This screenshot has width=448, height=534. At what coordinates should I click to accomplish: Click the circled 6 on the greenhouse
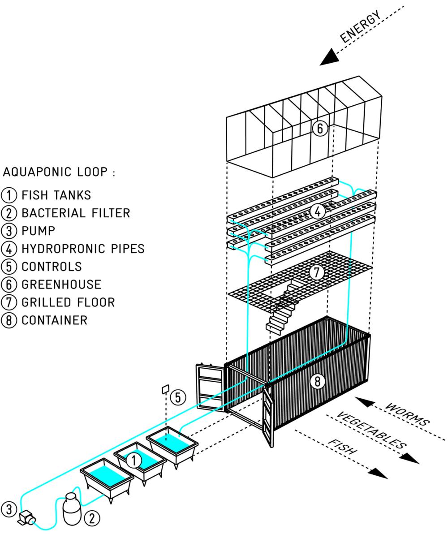[x=320, y=129]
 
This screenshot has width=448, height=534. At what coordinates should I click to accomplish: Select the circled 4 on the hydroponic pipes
[x=318, y=211]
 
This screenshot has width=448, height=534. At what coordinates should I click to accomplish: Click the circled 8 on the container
[x=318, y=382]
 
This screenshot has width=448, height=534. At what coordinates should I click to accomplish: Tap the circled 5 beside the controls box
[x=178, y=397]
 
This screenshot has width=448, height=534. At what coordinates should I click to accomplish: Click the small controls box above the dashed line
[x=165, y=389]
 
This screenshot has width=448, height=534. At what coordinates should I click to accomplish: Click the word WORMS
[x=407, y=414]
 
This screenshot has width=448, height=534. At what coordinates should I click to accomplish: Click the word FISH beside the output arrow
[x=343, y=447]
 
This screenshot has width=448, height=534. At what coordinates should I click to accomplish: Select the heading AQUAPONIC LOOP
[x=58, y=172]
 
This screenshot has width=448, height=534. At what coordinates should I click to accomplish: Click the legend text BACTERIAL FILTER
[x=75, y=213]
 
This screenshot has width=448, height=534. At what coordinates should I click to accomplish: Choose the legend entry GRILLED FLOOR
[x=68, y=302]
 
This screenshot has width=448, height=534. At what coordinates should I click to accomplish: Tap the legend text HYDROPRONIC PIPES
[x=83, y=249]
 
